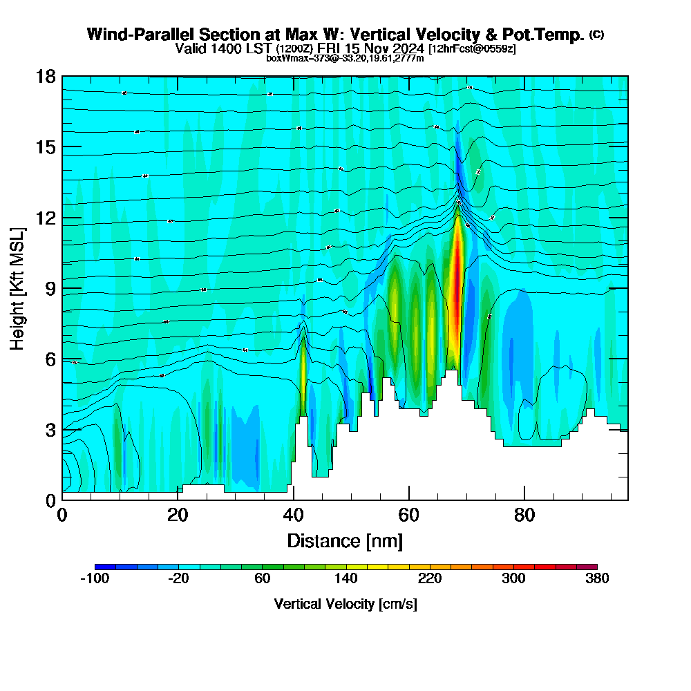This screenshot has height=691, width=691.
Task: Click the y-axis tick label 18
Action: point(46,76)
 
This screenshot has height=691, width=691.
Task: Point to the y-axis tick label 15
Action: point(46,146)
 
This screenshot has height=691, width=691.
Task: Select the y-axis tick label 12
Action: point(46,218)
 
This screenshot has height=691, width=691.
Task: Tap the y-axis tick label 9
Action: point(50,288)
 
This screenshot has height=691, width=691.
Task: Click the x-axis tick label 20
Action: point(178,515)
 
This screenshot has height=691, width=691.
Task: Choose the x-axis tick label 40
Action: point(294,515)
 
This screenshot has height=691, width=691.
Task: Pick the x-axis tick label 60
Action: point(409,515)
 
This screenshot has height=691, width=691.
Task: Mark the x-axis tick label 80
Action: point(524,515)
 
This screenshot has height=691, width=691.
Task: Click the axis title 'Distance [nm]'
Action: point(345,540)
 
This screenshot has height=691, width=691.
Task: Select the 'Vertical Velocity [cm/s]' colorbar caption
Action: point(345,604)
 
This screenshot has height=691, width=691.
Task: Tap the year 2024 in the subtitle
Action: point(407,48)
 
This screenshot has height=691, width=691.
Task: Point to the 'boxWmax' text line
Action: point(345,58)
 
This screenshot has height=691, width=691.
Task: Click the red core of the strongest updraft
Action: point(456,276)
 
